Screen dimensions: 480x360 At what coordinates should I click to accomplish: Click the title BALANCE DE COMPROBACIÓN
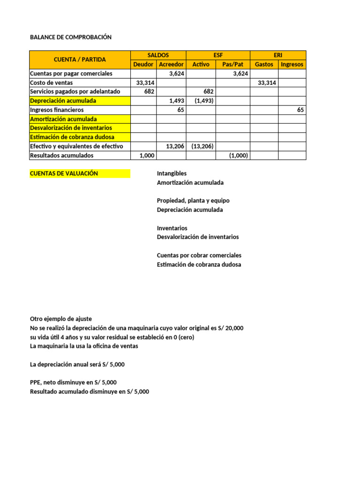coord(71,37)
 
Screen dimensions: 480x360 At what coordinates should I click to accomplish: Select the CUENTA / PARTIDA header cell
coord(80,60)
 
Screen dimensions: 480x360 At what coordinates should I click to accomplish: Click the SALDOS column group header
coord(158,55)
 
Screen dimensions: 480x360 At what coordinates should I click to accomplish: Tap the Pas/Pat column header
coord(232,64)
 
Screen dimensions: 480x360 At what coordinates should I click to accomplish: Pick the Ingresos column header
coord(292,64)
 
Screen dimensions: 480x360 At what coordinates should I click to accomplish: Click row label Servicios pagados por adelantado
coord(75,91)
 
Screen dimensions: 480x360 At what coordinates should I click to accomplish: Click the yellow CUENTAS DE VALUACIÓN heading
coord(64,173)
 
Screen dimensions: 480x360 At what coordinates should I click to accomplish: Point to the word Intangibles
coord(172,173)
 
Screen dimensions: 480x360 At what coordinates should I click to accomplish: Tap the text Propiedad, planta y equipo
coord(193,201)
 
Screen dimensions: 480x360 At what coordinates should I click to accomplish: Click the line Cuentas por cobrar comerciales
coord(199,255)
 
